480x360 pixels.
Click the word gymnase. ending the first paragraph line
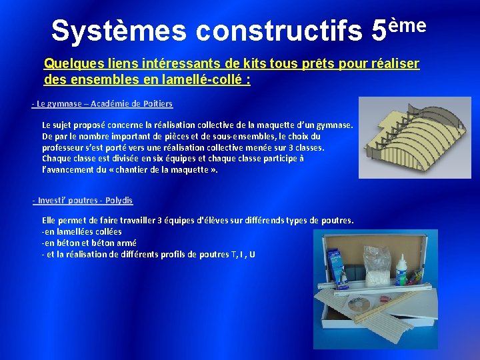pos(335,125)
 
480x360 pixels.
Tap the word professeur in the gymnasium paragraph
pos(63,147)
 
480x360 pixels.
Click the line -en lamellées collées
pos(81,231)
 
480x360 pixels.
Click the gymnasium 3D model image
pos(415,137)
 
